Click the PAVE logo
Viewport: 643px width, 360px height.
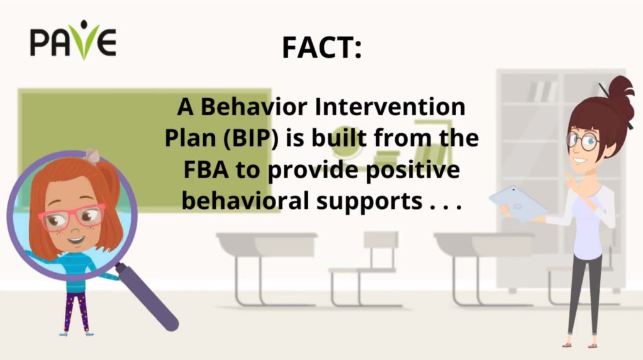pos(73,40)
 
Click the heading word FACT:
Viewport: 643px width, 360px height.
pos(322,48)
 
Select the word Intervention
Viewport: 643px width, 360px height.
pos(390,106)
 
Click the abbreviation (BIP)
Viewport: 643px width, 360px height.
pos(251,138)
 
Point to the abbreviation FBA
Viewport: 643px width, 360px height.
pos(206,169)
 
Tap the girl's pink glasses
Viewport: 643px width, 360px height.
pos(72,216)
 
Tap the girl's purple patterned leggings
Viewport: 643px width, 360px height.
pos(76,312)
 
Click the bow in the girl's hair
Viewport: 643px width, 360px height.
pos(91,156)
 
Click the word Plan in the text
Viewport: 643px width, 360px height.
pos(190,138)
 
